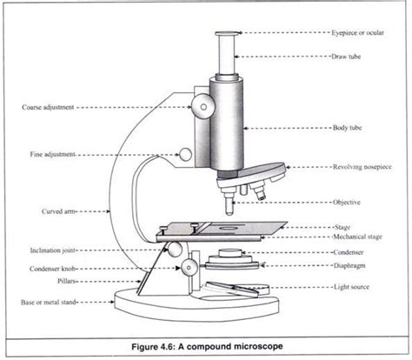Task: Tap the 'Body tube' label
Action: (351, 129)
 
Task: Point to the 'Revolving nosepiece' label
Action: (366, 166)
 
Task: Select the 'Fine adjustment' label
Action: (48, 155)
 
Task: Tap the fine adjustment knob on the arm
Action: (185, 155)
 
